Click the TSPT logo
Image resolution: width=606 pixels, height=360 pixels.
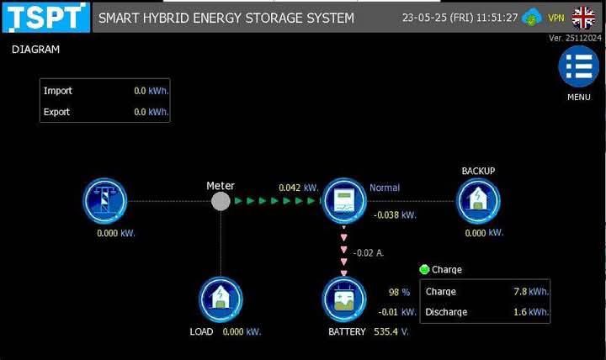coord(46,18)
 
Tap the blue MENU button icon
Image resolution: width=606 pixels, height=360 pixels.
coord(578,66)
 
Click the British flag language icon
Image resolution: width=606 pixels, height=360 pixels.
coord(583,18)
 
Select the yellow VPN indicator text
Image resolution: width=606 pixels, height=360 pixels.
coord(555,18)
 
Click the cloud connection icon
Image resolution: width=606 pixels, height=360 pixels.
coord(532,18)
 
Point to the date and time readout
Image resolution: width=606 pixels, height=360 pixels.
coord(460,18)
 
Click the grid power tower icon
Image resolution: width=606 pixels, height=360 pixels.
coord(104,201)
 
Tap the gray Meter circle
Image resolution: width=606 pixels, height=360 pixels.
coord(221,201)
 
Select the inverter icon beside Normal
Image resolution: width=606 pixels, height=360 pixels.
coord(344,201)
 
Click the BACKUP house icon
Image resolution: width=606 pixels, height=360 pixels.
coord(478,201)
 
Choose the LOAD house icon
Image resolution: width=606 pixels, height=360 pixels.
coord(221,299)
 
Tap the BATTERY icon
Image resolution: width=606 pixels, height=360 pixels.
coord(344,299)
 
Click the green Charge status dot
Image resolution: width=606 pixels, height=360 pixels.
coord(424,269)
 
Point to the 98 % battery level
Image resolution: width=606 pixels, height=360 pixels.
coord(399,292)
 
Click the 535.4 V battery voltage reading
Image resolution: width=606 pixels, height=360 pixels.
coord(391,331)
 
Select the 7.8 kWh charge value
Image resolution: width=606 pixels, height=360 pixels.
coord(531,291)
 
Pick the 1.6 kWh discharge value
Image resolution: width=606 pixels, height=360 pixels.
coord(531,312)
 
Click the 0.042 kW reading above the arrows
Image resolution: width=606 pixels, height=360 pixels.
coord(299,188)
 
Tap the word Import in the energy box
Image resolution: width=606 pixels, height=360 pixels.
coord(58,91)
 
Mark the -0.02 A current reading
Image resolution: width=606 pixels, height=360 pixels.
coord(369,253)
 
